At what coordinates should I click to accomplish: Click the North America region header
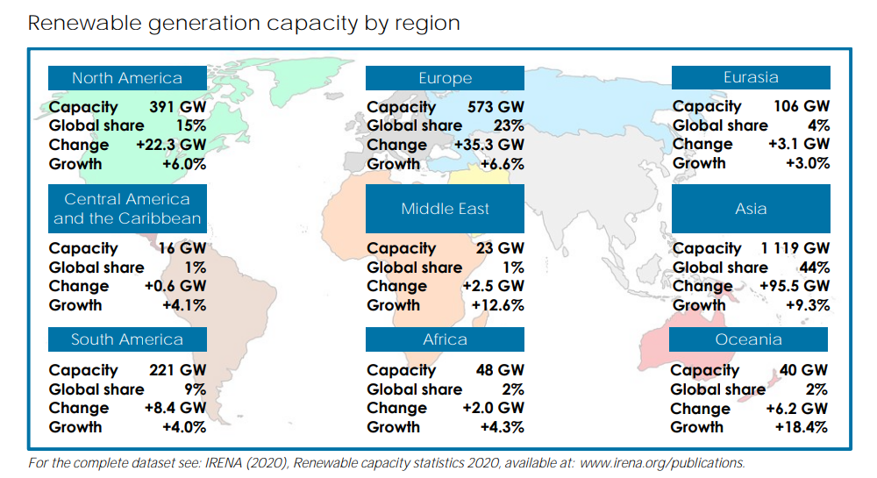[x=127, y=78]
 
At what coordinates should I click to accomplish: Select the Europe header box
[x=445, y=78]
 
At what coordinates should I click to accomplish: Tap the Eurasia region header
[x=751, y=77]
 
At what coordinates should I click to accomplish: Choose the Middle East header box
[x=445, y=209]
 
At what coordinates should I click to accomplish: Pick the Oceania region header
[x=748, y=339]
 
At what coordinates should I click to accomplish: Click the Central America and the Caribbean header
[x=127, y=209]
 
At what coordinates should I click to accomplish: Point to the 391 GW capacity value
[x=179, y=107]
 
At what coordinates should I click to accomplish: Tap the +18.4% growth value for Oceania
[x=802, y=427]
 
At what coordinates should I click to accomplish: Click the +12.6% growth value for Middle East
[x=497, y=305]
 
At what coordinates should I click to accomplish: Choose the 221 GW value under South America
[x=179, y=371]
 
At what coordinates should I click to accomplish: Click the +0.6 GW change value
[x=176, y=286]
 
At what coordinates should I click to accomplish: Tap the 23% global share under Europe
[x=509, y=125]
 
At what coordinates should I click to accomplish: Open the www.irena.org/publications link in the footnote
[x=661, y=462]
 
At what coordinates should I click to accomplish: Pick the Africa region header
[x=445, y=339]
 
